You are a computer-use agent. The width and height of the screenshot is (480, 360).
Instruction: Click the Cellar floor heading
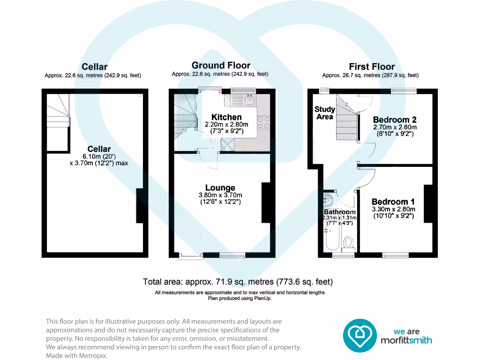pos(94,67)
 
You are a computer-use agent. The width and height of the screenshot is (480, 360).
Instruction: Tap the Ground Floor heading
pos(221,65)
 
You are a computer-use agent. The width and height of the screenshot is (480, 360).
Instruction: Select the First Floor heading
pos(372,67)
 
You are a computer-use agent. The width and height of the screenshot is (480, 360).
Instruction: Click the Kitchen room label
pos(226,117)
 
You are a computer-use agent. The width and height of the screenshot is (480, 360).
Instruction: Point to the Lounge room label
pos(220,187)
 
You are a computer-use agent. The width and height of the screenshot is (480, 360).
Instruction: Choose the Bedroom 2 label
pos(395,120)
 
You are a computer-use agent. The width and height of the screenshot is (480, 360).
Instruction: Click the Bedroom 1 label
pos(393,202)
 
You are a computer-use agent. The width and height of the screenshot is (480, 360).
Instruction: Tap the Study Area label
pos(325,113)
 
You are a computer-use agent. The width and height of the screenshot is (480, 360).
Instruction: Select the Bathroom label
pos(340,212)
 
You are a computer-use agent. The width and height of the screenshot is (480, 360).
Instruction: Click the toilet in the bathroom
pos(348,242)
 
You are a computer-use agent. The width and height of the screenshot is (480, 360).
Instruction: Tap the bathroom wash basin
pos(328,200)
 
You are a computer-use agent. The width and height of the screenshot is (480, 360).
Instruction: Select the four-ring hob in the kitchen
pos(263,122)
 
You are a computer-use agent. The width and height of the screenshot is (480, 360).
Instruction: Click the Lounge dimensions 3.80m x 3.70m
pos(220,195)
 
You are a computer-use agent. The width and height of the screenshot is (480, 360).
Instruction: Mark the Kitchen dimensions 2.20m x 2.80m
pos(226,125)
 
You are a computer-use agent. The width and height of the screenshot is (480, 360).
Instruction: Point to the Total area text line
pos(238,282)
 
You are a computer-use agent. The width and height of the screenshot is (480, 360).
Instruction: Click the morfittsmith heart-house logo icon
pos(360,336)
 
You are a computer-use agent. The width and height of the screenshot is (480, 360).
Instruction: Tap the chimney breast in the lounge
pos(266,202)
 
